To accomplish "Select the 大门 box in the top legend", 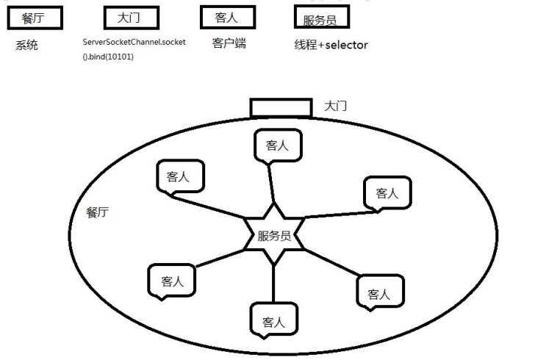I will (x=133, y=17).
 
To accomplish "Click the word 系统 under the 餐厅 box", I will (x=26, y=46).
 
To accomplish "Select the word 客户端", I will (x=229, y=44).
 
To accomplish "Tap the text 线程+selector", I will (x=331, y=46).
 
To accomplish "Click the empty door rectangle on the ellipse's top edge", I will (x=281, y=108).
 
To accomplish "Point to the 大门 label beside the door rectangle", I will (x=336, y=107).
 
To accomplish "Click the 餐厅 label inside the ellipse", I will (x=98, y=213).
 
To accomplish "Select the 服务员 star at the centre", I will (x=273, y=236).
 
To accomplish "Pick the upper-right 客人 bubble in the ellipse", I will (x=387, y=192).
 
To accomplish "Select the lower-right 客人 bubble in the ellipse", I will (x=379, y=293).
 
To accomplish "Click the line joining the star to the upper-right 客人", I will (x=338, y=215).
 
